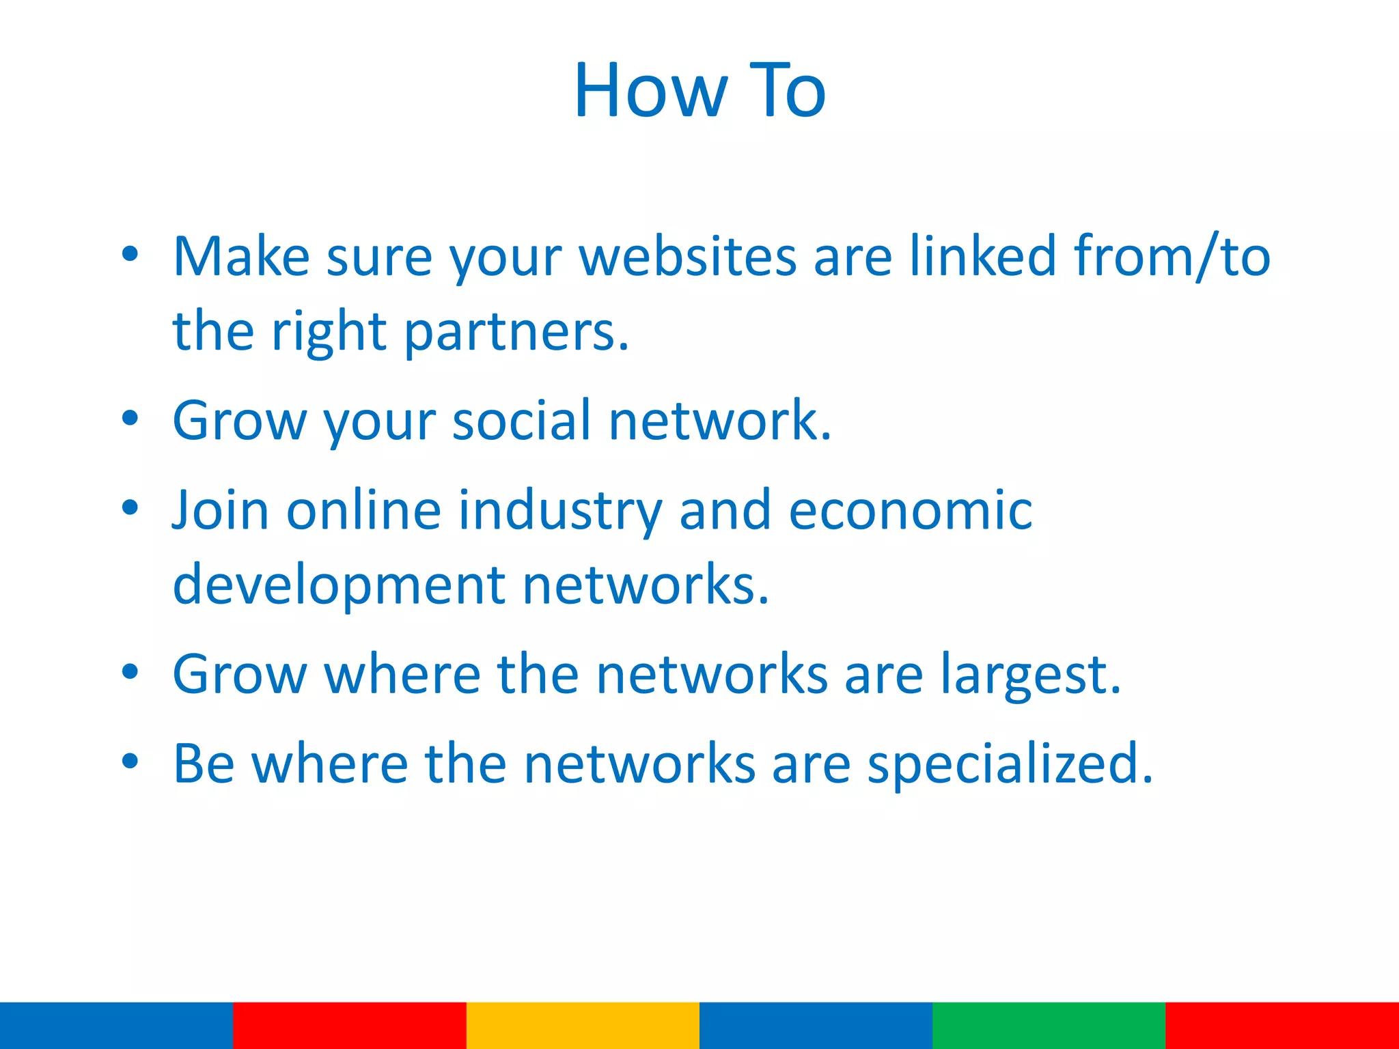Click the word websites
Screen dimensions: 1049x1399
(x=688, y=257)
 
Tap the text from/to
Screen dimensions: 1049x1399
(x=1172, y=257)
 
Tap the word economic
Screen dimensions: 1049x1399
(x=911, y=510)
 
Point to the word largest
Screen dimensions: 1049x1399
(x=1031, y=675)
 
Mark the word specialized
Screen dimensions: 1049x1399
(x=1010, y=764)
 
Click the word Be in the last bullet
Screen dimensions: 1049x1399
(x=204, y=764)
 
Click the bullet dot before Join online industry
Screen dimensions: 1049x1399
(x=130, y=507)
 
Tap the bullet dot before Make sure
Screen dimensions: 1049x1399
(x=130, y=254)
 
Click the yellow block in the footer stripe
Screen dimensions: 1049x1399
(x=583, y=1025)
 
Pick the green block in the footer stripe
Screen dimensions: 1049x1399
(x=1049, y=1025)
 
